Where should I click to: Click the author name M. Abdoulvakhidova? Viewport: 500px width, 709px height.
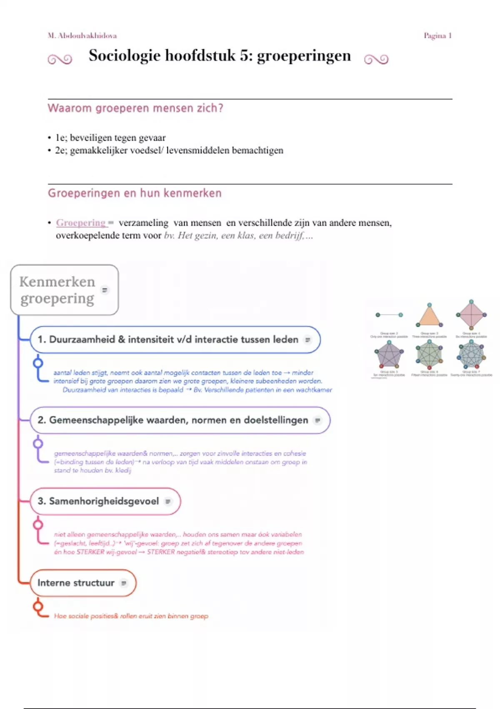(x=82, y=36)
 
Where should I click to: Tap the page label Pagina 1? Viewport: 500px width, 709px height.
(x=437, y=36)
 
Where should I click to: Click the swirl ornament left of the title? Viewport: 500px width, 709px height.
(x=60, y=60)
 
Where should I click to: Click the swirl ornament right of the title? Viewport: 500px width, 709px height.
(x=376, y=60)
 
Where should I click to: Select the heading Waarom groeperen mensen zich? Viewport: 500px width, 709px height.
(x=135, y=108)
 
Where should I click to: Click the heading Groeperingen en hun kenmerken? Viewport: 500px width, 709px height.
(x=135, y=193)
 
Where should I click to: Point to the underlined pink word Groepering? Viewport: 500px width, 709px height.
(x=81, y=223)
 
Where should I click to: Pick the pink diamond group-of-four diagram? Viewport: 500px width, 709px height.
(x=471, y=315)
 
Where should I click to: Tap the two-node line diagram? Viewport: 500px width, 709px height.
(x=389, y=315)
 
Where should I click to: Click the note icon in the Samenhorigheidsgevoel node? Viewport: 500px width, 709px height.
(x=168, y=501)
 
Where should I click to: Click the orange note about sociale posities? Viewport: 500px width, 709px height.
(x=131, y=616)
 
